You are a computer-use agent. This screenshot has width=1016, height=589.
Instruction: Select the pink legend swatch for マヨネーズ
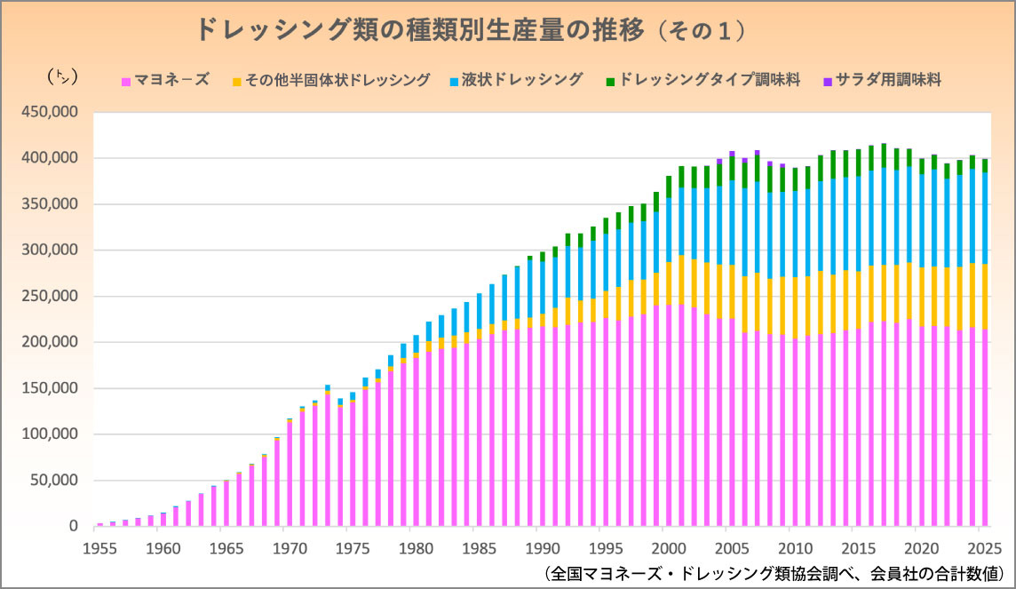(x=126, y=81)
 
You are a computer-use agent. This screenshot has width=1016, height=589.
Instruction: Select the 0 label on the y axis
(x=75, y=527)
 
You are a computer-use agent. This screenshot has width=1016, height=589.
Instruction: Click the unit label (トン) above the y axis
(x=62, y=77)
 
